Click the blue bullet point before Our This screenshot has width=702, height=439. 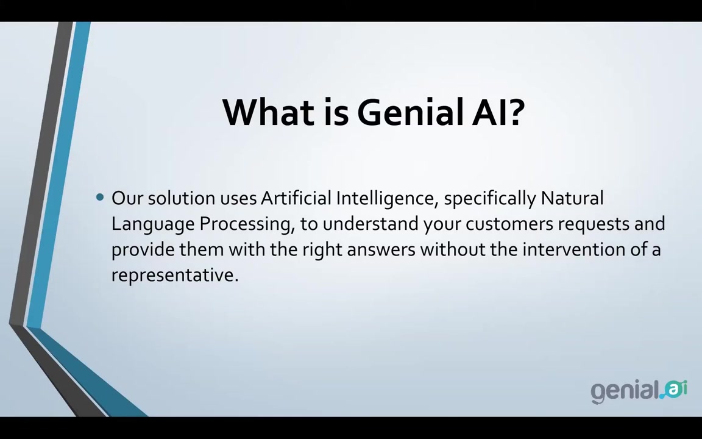click(x=100, y=197)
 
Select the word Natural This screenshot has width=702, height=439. click(x=572, y=198)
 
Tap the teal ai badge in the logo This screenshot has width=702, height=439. click(x=675, y=389)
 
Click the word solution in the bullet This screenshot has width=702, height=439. click(x=182, y=198)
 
